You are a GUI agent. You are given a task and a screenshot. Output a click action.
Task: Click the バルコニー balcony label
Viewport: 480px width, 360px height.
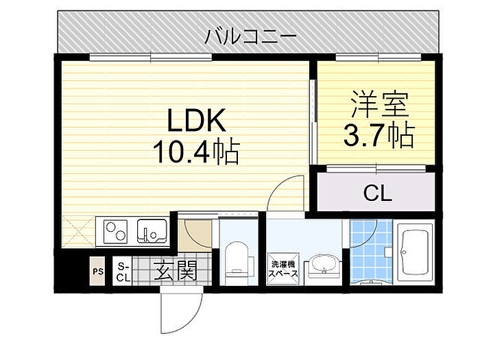pyautogui.click(x=250, y=34)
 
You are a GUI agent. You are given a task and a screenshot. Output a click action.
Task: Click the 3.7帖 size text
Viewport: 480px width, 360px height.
pyautogui.click(x=378, y=136)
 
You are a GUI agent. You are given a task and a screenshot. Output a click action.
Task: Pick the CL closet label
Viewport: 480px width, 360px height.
pyautogui.click(x=376, y=193)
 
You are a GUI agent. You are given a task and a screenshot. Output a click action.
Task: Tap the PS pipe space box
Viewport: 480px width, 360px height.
pyautogui.click(x=98, y=272)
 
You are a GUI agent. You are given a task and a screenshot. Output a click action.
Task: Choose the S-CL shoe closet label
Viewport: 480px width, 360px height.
pyautogui.click(x=123, y=272)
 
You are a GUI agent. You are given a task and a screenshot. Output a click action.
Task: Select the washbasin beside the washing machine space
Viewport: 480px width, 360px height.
pyautogui.click(x=322, y=264)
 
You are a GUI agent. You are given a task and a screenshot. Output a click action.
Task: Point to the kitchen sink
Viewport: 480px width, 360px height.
pyautogui.click(x=152, y=232)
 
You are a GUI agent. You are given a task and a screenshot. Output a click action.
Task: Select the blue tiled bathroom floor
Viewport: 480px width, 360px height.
pyautogui.click(x=371, y=250)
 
